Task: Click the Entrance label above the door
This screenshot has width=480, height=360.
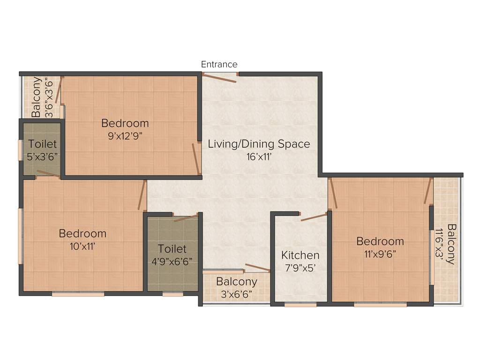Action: point(219,64)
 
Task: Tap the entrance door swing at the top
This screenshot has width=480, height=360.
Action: point(220,78)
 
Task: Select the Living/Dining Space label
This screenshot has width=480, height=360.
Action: point(259,144)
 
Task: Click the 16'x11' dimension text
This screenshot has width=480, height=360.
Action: point(259,157)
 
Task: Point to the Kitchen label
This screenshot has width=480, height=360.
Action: point(300,255)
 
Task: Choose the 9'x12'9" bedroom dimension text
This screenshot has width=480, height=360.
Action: point(125,136)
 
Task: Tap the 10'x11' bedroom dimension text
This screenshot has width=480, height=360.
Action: point(82,246)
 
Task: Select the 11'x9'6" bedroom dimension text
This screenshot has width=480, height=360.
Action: point(380,254)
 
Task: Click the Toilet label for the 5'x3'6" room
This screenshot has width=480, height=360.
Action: point(42,144)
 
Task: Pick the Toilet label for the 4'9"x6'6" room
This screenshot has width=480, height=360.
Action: point(172,249)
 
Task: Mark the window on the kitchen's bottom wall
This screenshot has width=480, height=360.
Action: point(300,305)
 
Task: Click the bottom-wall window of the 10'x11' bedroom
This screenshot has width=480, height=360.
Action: point(78,294)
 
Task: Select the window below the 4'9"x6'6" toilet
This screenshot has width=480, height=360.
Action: point(172,294)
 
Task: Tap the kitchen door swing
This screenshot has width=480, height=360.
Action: point(314,217)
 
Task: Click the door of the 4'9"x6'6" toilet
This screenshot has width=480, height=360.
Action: point(186,218)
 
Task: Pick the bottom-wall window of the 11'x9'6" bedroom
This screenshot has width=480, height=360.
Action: point(380,305)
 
